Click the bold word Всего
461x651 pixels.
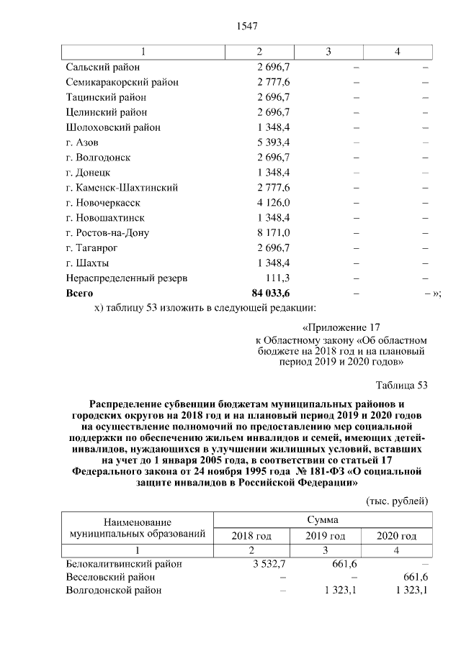coord(79,293)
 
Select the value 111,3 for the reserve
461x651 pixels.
coord(277,278)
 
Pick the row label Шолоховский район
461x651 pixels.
coord(112,127)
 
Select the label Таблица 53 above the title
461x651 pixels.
coord(402,386)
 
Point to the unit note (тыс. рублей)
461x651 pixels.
coord(397,499)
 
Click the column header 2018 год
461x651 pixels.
coord(251,536)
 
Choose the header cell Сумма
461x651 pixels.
coord(324,519)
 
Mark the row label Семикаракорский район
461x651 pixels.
coord(122,82)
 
